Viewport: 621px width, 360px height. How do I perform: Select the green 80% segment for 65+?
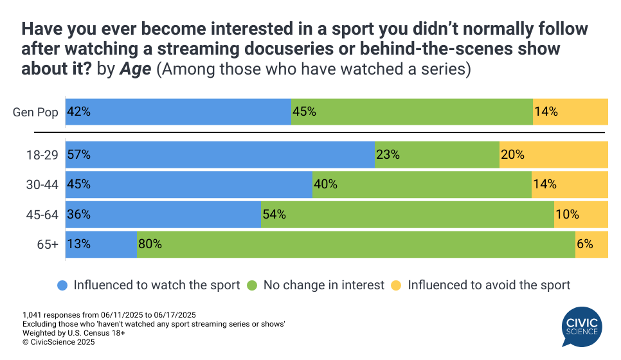point(356,244)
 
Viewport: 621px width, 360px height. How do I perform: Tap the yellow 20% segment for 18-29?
point(553,155)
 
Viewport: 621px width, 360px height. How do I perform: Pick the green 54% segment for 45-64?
point(407,215)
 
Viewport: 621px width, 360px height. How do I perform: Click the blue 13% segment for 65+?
point(101,244)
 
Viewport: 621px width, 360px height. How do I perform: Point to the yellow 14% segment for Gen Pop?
point(570,112)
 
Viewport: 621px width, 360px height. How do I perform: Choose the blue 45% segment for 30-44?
point(188,184)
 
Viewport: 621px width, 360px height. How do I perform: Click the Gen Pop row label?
point(36,113)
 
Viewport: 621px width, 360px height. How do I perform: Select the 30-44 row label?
point(42,184)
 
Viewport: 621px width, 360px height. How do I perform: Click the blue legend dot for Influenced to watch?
point(62,285)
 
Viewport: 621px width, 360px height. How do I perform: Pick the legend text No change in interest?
point(323,285)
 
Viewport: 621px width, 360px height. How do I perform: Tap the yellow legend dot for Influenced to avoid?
point(396,285)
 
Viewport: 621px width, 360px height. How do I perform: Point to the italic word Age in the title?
point(135,69)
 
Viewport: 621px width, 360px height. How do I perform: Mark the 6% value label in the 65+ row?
point(584,244)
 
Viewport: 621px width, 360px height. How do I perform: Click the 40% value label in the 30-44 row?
point(325,184)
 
